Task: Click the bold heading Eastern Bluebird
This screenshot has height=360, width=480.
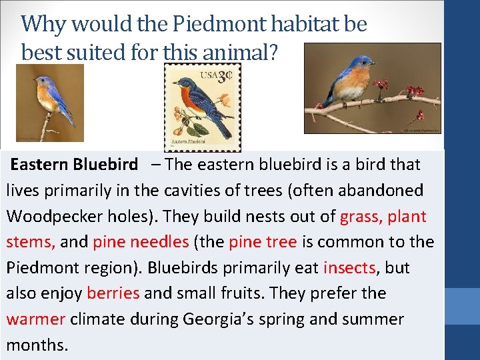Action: click(x=75, y=165)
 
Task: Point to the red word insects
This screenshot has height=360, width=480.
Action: click(x=350, y=268)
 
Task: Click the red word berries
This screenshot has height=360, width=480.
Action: click(x=113, y=294)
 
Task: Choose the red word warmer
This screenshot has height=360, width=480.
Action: click(x=35, y=319)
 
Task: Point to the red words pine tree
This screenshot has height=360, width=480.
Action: click(x=262, y=242)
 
